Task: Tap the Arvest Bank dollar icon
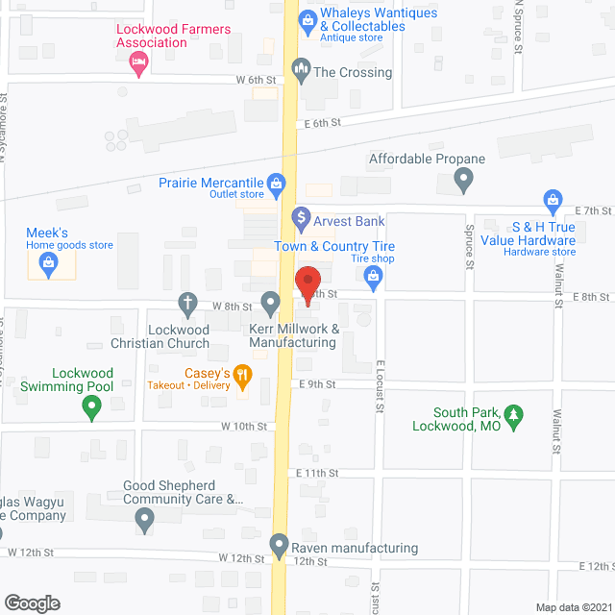tap(301, 219)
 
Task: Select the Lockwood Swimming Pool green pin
tap(92, 407)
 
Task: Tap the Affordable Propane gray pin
tap(464, 179)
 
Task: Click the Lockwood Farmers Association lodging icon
tap(137, 63)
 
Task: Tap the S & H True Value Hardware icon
tap(553, 201)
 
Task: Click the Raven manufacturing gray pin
tap(280, 545)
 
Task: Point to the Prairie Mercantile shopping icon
tap(276, 182)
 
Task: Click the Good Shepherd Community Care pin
tap(144, 521)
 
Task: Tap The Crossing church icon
tap(301, 69)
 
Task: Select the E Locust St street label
tap(381, 385)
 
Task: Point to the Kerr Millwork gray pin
tap(272, 305)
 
